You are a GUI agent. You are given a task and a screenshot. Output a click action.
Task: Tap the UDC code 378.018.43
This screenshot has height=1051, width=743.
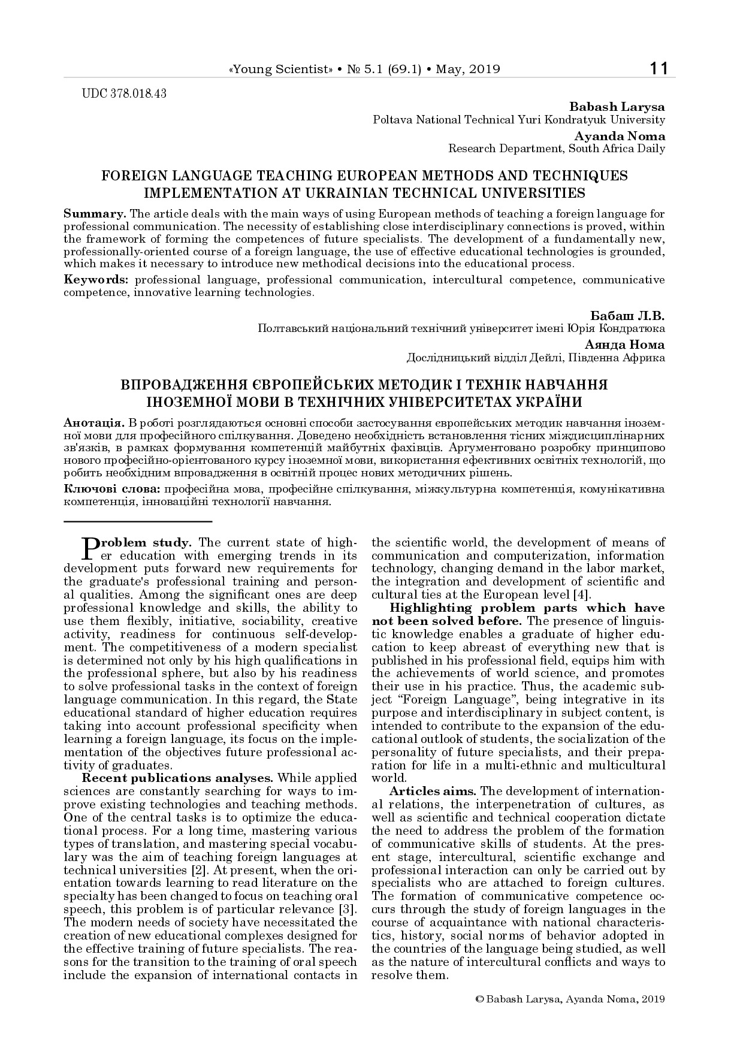[x=123, y=93]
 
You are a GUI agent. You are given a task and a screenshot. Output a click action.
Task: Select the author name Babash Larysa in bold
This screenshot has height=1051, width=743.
[x=617, y=107]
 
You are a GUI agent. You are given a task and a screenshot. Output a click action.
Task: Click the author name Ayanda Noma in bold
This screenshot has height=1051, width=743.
[x=620, y=136]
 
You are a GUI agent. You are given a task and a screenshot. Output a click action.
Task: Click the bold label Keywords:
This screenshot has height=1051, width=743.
[x=96, y=280]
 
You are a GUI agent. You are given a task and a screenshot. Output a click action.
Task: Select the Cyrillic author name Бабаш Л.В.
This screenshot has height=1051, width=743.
[x=627, y=315]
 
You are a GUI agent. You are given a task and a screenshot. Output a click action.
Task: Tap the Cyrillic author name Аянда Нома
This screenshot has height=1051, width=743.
[x=625, y=345]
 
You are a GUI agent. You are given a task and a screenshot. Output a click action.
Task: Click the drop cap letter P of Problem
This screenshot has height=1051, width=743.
[x=88, y=546]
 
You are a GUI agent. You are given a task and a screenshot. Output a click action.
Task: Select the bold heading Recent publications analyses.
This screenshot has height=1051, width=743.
[x=177, y=778]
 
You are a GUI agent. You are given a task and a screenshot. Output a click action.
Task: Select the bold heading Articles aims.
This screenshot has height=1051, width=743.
[x=432, y=791]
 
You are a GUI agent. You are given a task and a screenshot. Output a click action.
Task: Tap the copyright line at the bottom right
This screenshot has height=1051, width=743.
[x=569, y=999]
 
